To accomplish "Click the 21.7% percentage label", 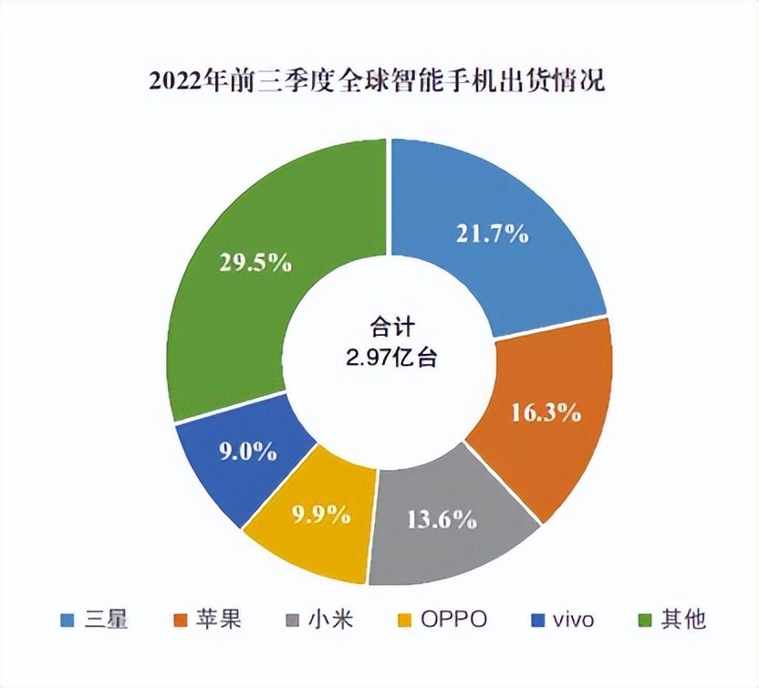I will (492, 234).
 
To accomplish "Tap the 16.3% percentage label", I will (545, 412).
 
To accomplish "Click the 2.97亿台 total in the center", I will (390, 357).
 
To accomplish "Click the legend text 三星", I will (108, 620).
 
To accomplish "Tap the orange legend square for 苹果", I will (180, 620).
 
